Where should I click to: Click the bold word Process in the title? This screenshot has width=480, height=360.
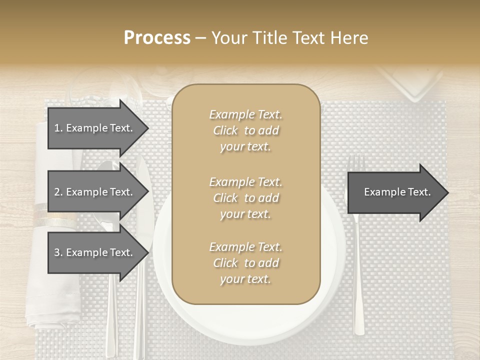(157, 38)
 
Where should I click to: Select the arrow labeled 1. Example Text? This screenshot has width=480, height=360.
(95, 128)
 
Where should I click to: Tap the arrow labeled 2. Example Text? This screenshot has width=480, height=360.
(95, 192)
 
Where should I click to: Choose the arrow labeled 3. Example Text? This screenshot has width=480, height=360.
(95, 252)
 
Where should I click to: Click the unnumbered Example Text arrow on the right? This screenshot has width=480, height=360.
(397, 192)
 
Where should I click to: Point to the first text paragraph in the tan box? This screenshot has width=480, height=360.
(245, 130)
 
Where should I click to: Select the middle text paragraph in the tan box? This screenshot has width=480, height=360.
(245, 198)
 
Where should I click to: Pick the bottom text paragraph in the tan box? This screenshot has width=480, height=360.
(245, 263)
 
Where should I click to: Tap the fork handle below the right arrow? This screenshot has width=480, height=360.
(358, 280)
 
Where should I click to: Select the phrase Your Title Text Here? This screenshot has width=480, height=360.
(289, 38)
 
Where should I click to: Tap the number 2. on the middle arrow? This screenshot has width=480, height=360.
(58, 192)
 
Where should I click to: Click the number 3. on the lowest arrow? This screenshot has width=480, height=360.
(58, 252)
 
